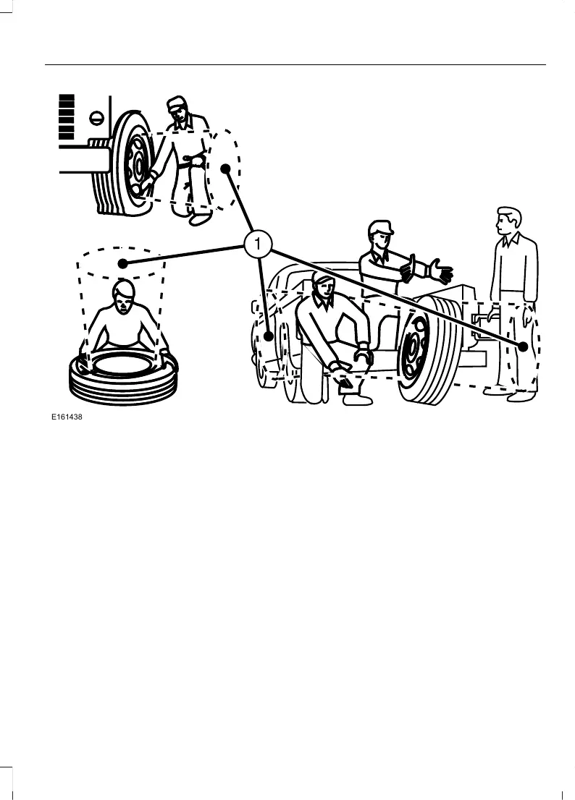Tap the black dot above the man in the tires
point(123,264)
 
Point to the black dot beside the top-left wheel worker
point(225,169)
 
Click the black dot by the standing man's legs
point(524,346)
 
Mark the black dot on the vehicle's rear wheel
point(269,336)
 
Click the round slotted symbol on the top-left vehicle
point(93,117)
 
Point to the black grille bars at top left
point(67,116)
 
